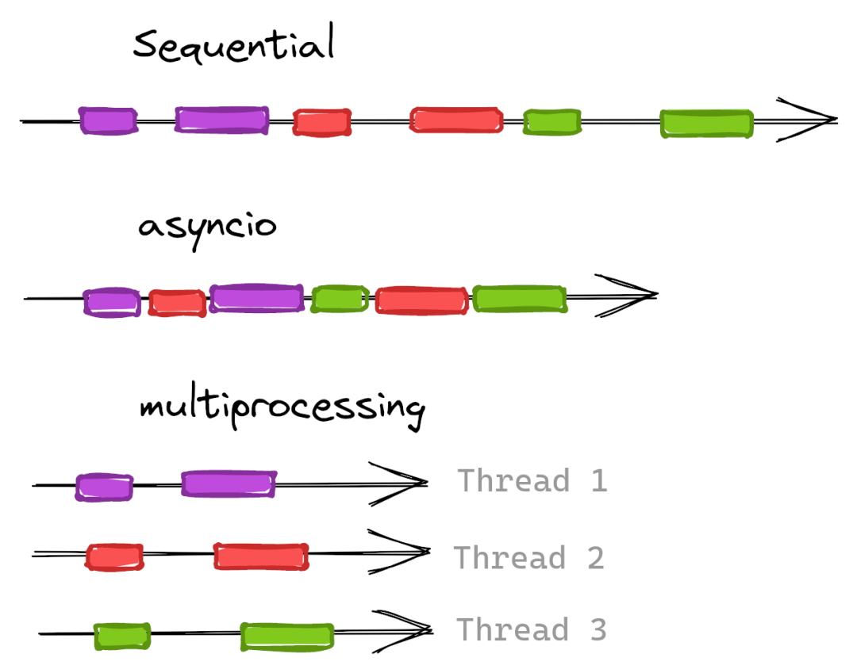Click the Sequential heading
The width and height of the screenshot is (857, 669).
point(233,43)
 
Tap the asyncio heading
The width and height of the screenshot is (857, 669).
point(207,228)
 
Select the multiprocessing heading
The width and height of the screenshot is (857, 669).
point(282,410)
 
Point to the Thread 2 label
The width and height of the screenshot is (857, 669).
point(529,557)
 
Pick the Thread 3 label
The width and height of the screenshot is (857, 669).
point(531,629)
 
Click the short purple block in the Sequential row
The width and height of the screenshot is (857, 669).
point(108,120)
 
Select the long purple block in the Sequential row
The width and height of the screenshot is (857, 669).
point(222,120)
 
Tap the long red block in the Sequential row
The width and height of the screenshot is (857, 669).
point(456,120)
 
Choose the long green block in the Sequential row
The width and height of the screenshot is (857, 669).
point(707,124)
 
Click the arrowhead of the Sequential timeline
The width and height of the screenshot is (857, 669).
point(808,120)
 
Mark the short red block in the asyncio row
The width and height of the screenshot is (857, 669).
point(177,303)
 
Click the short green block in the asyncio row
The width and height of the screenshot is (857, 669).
point(340,299)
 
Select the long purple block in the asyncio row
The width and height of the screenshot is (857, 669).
point(257,297)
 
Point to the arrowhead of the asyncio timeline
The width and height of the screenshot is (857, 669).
point(626,296)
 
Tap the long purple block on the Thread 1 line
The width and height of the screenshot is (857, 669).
point(229,484)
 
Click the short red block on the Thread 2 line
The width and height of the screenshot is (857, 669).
point(114,557)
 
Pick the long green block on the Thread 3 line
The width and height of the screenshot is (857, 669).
point(287,637)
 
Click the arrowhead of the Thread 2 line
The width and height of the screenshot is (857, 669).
point(399,552)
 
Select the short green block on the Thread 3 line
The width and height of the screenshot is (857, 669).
point(122,637)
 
